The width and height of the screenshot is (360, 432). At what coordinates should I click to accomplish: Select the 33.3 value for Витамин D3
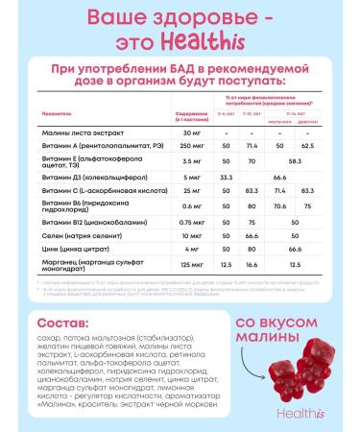225,204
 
